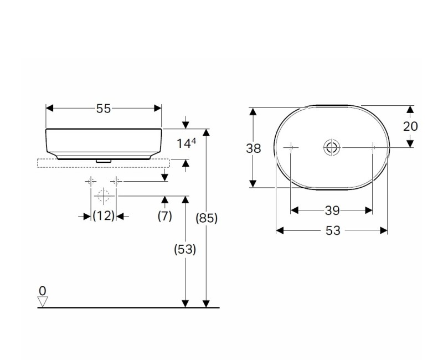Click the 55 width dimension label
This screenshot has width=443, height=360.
(x=104, y=109)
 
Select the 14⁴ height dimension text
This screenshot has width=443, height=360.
(x=186, y=143)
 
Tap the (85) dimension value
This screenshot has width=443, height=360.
(x=207, y=218)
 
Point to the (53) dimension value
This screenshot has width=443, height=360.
(x=185, y=249)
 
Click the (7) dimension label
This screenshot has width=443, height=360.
(x=164, y=216)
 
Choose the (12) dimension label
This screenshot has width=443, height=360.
(x=104, y=216)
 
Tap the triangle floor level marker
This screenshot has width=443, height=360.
(x=43, y=301)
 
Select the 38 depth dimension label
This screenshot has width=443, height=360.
(x=253, y=148)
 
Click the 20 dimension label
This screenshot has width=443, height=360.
(x=410, y=126)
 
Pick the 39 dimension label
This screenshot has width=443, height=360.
(x=332, y=210)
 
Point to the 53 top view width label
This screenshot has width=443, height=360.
(x=332, y=231)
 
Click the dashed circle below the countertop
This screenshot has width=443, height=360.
(x=104, y=196)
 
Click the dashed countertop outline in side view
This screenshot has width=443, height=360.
(x=104, y=163)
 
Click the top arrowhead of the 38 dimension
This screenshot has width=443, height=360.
(x=253, y=111)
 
